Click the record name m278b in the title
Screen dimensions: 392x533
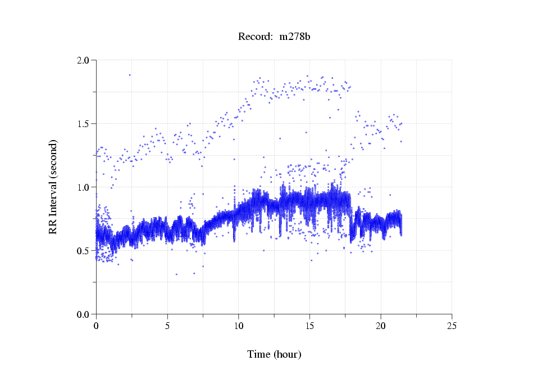point(295,37)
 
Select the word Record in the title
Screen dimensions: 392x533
point(253,37)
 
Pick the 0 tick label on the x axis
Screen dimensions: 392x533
point(96,326)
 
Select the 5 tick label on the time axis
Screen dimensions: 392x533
point(167,326)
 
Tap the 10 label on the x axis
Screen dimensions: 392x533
point(238,326)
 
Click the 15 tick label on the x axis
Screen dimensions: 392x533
point(309,326)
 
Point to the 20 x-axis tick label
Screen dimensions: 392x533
point(381,326)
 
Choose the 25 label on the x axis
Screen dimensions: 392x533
point(452,326)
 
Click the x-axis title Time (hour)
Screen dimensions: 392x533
point(274,355)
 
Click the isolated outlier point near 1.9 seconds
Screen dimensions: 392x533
point(130,75)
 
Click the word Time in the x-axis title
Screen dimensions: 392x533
point(259,355)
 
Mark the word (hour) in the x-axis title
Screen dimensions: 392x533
point(287,355)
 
